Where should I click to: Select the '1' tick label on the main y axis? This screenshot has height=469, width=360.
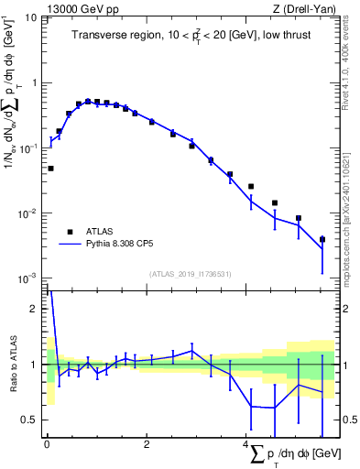coord(33,82)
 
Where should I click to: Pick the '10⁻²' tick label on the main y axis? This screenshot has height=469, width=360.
coord(27,213)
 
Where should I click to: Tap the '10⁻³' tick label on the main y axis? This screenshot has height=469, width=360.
coord(27,278)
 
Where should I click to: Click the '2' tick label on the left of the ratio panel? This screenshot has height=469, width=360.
coord(33,309)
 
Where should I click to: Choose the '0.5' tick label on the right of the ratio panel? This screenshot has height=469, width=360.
coord(349,420)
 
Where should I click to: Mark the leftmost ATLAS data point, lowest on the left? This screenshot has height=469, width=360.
coord(50,169)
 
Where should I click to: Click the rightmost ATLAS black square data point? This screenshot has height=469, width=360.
coord(322,240)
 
